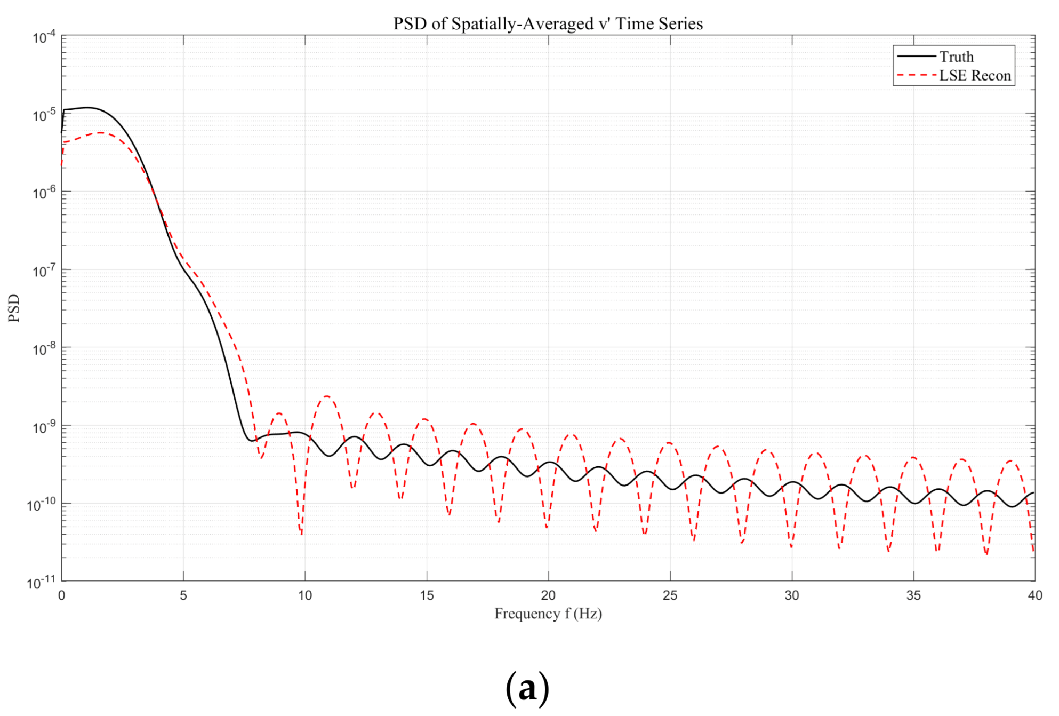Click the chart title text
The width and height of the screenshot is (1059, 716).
coord(548,24)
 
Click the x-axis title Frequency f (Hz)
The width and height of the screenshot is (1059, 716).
coord(548,614)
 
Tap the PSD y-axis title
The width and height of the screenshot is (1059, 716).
coord(14,308)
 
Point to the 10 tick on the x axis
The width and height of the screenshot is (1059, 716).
coord(305,595)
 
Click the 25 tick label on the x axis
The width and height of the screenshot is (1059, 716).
coord(670,595)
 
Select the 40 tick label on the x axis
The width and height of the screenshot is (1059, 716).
coord(1034,595)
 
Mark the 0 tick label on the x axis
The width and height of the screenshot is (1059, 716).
coord(62,595)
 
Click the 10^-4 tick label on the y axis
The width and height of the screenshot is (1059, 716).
coord(44,37)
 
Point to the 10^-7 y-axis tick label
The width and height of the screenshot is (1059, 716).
coord(44,272)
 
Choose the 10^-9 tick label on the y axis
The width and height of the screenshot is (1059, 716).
coord(44,427)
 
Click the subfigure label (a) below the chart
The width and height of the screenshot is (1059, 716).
coord(527,688)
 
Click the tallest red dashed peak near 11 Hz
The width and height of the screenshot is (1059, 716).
coord(326,396)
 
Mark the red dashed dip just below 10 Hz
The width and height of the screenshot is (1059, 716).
coord(301,533)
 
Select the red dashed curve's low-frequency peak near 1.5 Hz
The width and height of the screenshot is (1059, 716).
coord(100,133)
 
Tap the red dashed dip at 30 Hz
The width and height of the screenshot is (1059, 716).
coord(791,546)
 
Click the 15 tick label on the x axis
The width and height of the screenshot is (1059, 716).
coord(427,595)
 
